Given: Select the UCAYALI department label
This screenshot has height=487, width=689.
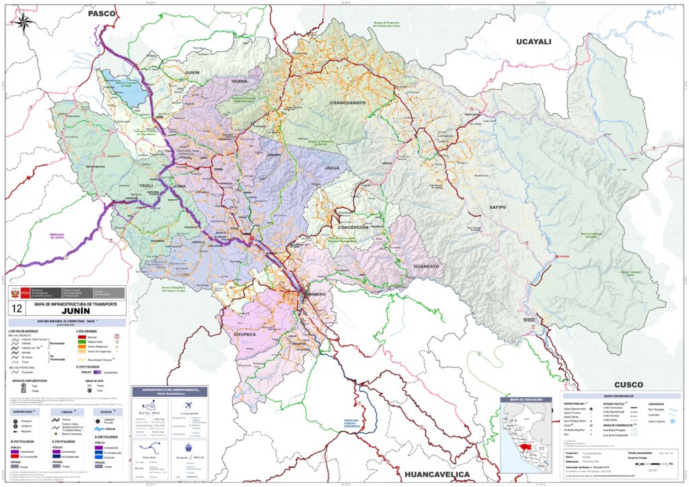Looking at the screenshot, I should (x=533, y=42).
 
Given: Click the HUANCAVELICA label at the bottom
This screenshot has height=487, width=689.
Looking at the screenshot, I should (x=443, y=475).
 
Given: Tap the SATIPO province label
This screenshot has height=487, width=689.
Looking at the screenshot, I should (x=497, y=208).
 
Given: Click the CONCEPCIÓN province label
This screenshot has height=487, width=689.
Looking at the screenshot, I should (x=349, y=227).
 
